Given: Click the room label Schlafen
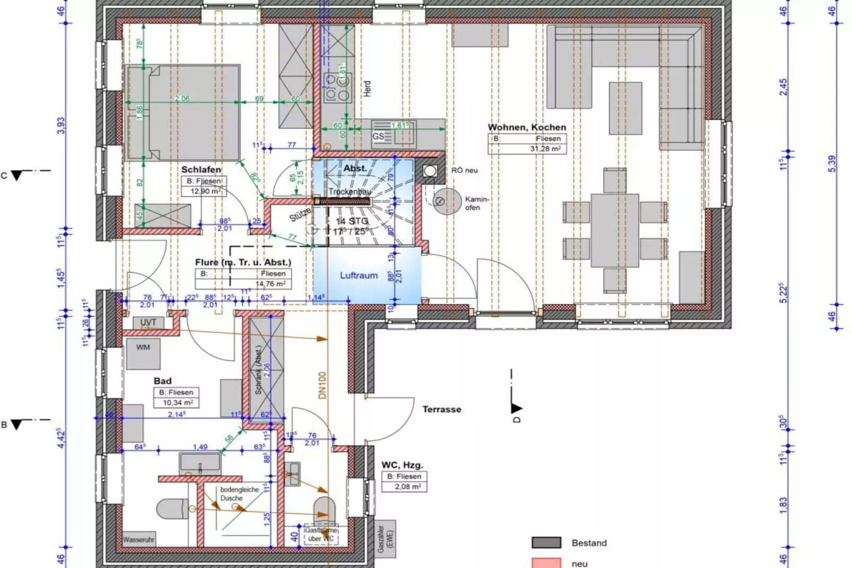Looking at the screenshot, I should click(x=201, y=170).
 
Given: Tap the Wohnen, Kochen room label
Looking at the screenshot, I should click(x=526, y=127).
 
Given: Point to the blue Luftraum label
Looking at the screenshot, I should click(x=359, y=276).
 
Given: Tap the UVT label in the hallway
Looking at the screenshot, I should click(x=148, y=322).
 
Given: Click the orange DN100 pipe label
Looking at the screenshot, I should click(x=323, y=385).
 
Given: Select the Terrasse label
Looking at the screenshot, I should click(x=441, y=409).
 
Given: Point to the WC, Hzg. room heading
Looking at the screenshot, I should click(x=402, y=465).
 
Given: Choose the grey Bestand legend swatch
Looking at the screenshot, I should click(x=546, y=543).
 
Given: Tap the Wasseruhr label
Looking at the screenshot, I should click(x=138, y=540).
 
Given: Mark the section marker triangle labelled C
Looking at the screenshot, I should click(x=18, y=175).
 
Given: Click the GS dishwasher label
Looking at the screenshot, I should click(x=378, y=136).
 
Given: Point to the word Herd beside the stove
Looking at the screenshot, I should click(x=367, y=89).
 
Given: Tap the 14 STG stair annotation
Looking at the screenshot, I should click(x=352, y=221).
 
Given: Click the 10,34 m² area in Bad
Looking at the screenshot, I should click(x=178, y=403).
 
